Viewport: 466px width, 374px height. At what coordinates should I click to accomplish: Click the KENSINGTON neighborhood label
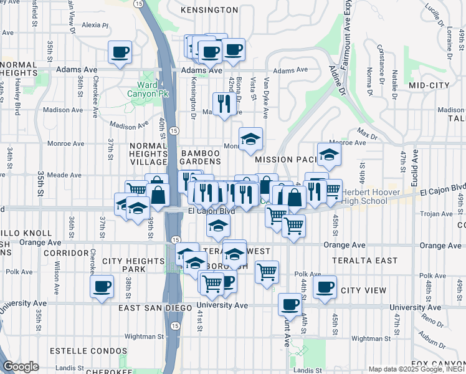click(x=209, y=10)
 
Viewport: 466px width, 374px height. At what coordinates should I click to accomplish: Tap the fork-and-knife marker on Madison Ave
click(x=222, y=103)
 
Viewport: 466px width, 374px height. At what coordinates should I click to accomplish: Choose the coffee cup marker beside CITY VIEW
click(x=325, y=287)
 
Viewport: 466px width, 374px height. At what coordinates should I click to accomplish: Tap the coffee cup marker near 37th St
click(x=102, y=287)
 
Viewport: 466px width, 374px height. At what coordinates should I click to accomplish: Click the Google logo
click(x=21, y=367)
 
